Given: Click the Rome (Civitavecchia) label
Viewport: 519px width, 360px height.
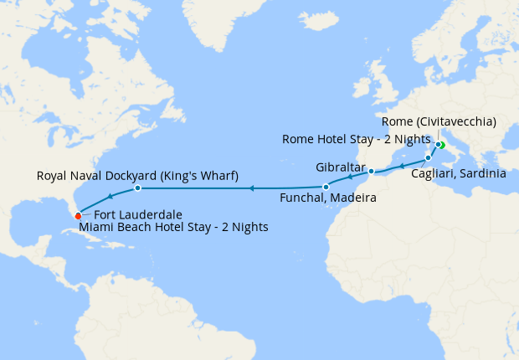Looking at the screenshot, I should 444,122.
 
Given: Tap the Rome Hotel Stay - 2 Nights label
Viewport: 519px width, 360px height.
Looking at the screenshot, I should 357,139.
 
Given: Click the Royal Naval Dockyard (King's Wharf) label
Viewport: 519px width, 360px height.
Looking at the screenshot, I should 138,176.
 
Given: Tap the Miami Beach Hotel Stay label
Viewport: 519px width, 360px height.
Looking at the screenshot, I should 173,227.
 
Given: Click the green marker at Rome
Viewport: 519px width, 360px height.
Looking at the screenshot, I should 440,145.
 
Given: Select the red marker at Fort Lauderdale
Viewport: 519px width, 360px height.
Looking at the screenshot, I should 78,216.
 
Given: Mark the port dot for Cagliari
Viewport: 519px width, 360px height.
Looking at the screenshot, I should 428,157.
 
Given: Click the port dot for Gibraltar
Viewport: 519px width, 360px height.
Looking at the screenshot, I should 371,172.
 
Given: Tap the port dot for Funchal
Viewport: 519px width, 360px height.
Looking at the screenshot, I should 326,187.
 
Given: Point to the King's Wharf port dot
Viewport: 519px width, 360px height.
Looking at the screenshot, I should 137,188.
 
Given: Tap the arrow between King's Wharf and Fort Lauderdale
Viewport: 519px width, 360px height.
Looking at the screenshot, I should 110,197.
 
